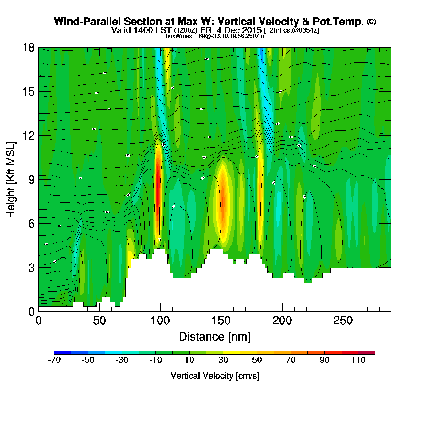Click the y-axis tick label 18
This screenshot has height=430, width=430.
click(28, 48)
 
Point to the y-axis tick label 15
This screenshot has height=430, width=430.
click(28, 92)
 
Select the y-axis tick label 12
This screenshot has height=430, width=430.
click(28, 135)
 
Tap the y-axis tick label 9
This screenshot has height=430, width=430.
click(31, 180)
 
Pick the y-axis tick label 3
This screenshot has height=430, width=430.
click(31, 268)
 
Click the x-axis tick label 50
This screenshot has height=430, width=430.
click(99, 321)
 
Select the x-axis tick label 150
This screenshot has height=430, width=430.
click(221, 321)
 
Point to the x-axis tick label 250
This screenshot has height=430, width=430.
click(343, 321)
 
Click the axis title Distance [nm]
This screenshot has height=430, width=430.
click(215, 337)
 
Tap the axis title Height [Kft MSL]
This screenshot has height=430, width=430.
click(11, 180)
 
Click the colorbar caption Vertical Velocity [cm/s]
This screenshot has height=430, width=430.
click(215, 376)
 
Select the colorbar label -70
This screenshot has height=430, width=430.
click(54, 360)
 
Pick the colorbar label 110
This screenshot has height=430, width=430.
click(358, 360)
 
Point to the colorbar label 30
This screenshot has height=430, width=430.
click(223, 360)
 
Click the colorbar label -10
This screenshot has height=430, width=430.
click(155, 360)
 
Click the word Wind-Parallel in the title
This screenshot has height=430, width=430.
click(88, 22)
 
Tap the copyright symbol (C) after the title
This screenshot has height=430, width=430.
click(371, 21)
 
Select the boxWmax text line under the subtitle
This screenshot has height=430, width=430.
click(215, 36)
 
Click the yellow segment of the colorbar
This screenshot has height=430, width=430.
click(232, 353)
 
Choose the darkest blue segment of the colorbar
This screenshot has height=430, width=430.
click(63, 353)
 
